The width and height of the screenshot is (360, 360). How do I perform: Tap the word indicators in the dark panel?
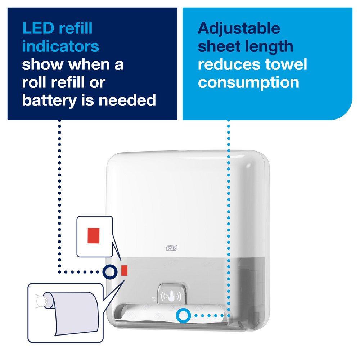point(60,47)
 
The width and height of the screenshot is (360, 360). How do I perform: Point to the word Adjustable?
point(239,28)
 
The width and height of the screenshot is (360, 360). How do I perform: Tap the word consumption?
point(248,82)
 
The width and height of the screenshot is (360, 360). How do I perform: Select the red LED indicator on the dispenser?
point(124,270)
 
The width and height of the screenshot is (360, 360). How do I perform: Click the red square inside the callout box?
point(94,234)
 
